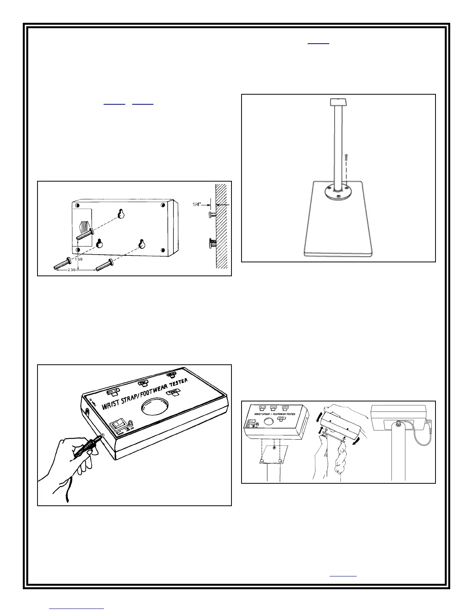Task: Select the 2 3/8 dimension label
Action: [x=72, y=270]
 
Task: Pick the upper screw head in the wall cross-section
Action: [x=210, y=214]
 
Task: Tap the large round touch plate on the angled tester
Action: [x=155, y=408]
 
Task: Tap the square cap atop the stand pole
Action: [x=339, y=102]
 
